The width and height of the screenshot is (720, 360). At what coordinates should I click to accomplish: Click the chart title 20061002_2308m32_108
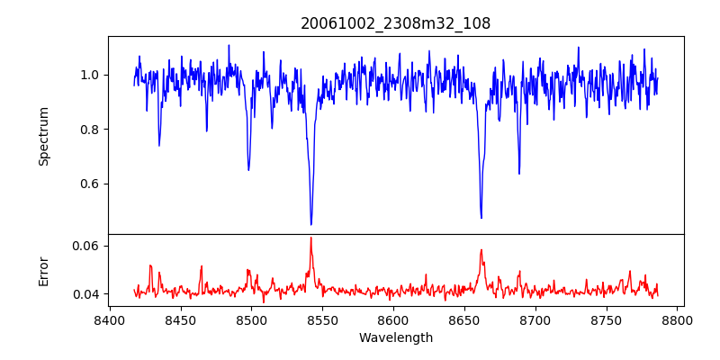(x=395, y=23)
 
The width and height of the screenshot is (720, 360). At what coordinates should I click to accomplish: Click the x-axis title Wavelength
(x=395, y=338)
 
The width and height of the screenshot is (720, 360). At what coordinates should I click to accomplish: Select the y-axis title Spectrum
(x=44, y=136)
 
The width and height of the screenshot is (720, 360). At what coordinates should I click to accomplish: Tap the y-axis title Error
(x=44, y=270)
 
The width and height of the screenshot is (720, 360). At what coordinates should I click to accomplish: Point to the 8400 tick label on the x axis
(x=110, y=319)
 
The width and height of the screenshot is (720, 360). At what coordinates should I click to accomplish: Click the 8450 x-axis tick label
(x=181, y=319)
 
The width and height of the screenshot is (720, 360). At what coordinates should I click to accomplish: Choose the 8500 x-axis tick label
(x=252, y=319)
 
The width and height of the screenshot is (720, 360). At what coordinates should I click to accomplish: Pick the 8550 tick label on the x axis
(x=323, y=319)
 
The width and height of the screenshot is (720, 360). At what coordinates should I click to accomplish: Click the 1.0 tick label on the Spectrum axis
(x=88, y=75)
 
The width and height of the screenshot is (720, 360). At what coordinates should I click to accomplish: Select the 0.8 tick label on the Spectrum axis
(x=88, y=130)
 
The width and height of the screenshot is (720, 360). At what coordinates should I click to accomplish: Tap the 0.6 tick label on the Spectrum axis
(x=88, y=184)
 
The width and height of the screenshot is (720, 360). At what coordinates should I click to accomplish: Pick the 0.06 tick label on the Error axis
(x=85, y=246)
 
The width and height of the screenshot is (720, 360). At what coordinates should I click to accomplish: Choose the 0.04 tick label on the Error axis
(x=85, y=294)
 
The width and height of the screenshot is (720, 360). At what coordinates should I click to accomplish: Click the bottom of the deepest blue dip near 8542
(x=311, y=224)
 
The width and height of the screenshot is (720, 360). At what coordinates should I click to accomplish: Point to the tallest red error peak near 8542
(x=311, y=238)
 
